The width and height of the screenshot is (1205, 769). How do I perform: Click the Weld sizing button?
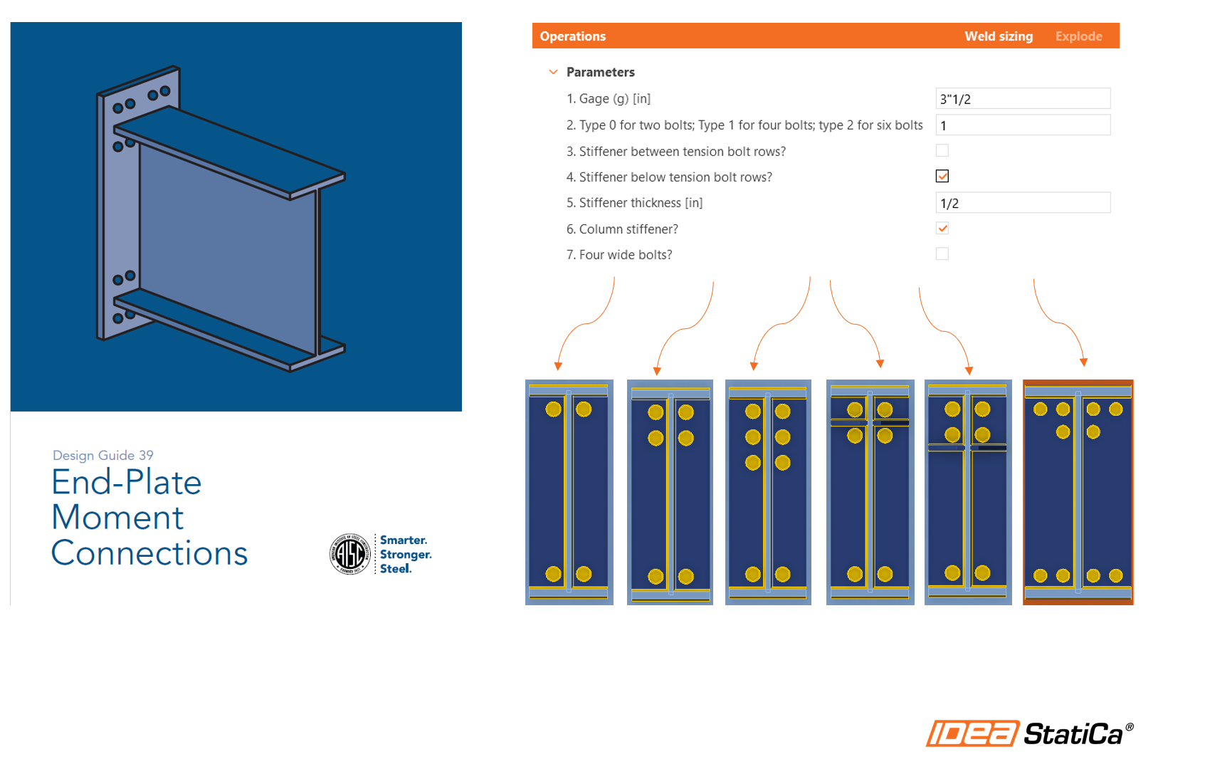998,36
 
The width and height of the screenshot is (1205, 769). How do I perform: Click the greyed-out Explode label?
1078,36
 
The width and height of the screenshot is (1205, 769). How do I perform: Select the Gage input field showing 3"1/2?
1022,99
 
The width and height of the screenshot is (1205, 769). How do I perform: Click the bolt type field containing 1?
1022,125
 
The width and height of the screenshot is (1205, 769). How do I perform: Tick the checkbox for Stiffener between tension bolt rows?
942,151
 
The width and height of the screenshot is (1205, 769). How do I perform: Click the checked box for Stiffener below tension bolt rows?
942,177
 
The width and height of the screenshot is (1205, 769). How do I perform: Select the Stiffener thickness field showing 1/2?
1022,203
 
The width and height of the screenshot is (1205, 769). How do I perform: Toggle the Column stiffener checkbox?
942,229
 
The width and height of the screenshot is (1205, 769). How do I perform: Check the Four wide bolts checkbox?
942,254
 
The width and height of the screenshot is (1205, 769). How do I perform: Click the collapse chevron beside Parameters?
553,72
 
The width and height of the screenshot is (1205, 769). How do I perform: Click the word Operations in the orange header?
572,36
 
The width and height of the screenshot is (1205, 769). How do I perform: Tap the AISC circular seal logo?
349,554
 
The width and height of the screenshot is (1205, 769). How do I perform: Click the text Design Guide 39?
103,455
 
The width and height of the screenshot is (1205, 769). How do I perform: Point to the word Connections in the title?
149,553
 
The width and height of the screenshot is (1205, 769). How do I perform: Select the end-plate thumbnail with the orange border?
1078,492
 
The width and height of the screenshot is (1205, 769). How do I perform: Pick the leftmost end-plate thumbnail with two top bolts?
569,492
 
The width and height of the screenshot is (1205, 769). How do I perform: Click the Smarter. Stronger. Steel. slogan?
405,554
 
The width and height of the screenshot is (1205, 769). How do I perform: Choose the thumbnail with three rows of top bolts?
767,492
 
